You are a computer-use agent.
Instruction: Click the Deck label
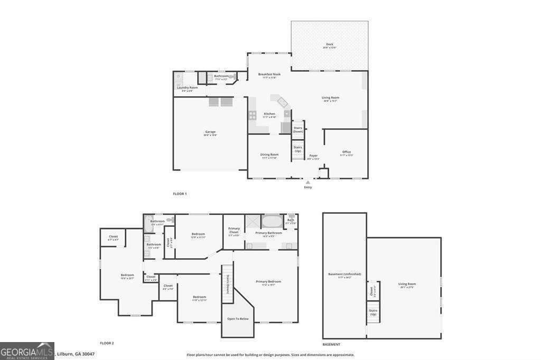[330, 44]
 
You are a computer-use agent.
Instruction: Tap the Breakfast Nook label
[269, 74]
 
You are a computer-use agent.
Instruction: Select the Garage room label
[210, 132]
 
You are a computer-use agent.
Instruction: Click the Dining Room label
[269, 155]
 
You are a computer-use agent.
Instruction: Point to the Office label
[346, 152]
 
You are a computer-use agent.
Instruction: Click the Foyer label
[313, 156]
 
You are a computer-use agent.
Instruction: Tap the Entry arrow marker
[308, 182]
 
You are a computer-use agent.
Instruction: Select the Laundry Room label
[187, 88]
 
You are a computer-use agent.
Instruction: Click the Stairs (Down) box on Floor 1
[298, 129]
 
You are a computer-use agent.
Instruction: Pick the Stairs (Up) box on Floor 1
[298, 149]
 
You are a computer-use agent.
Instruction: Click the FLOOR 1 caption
[180, 194]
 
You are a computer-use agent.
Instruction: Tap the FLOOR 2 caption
[107, 343]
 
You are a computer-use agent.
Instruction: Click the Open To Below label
[238, 319]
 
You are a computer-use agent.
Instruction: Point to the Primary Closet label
[234, 230]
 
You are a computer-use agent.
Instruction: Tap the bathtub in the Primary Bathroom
[272, 221]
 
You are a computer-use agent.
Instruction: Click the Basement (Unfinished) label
[344, 274]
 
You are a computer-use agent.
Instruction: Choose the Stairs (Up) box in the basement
[372, 312]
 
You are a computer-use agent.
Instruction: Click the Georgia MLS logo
[27, 350]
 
